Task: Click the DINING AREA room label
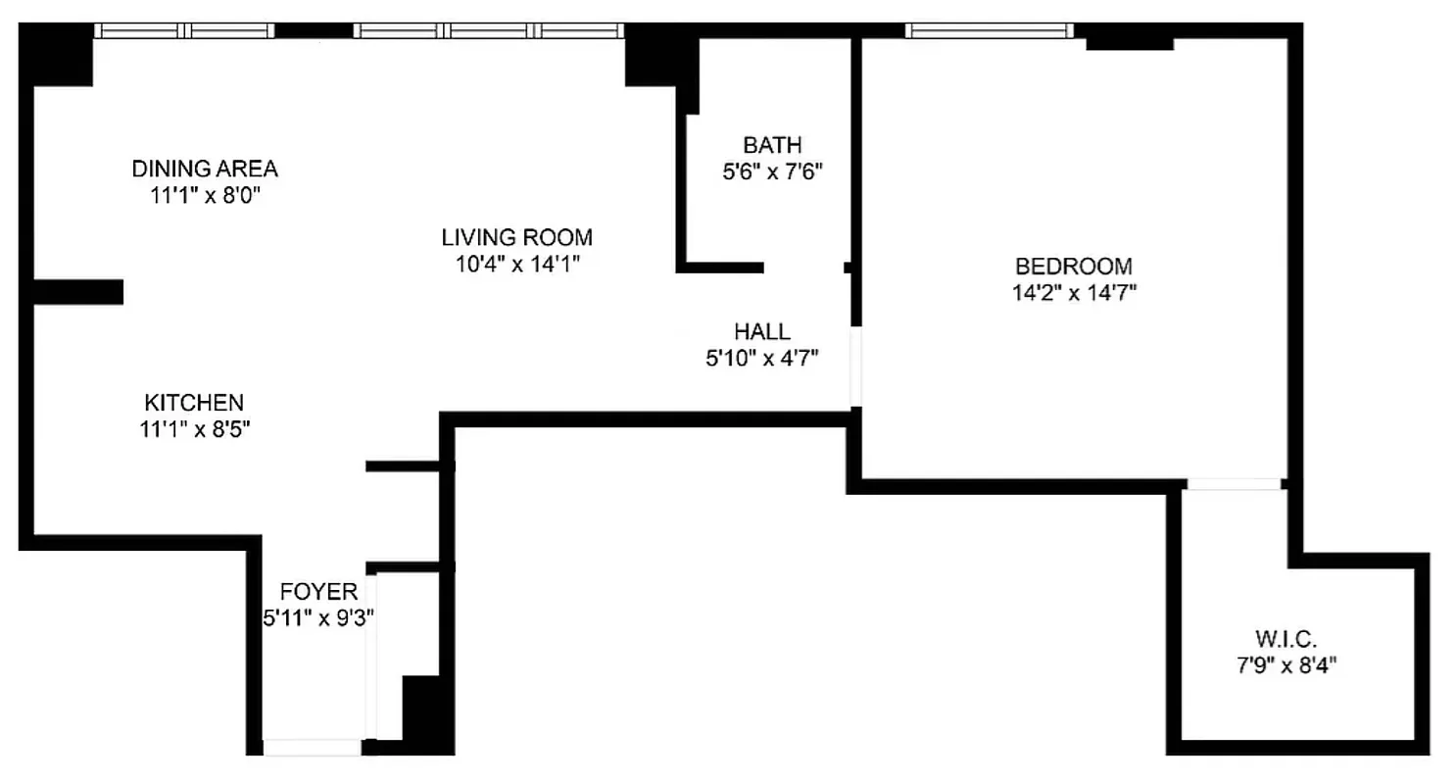tap(205, 169)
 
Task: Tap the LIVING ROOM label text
tap(516, 237)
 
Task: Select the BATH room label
tap(770, 146)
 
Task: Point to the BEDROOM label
tap(1074, 266)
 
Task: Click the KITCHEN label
tap(194, 402)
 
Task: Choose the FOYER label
tap(318, 591)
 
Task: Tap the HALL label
tap(761, 331)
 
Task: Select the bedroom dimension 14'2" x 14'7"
tap(1074, 292)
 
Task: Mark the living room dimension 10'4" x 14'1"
tap(516, 264)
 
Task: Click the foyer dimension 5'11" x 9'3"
tap(318, 617)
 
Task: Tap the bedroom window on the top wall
tap(990, 31)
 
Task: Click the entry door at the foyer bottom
tap(313, 748)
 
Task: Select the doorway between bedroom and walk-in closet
tap(1234, 484)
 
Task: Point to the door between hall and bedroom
tap(855, 367)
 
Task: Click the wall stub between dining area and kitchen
tap(78, 291)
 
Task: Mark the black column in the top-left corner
tap(57, 55)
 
